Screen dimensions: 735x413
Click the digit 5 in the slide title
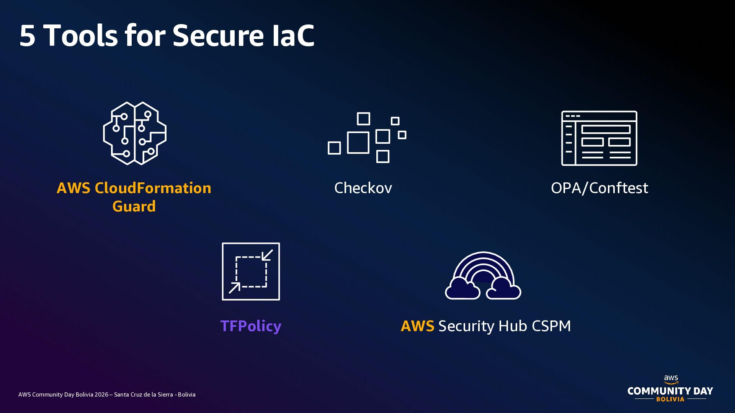[28, 36]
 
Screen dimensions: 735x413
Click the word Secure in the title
[218, 36]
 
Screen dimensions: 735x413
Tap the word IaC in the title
[294, 36]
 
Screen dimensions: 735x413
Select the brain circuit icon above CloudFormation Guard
[135, 133]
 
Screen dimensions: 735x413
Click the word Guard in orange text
[134, 206]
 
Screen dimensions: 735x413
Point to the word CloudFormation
[153, 188]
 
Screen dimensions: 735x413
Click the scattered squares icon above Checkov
[367, 137]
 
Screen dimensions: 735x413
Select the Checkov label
[363, 188]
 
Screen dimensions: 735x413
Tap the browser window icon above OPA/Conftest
[599, 138]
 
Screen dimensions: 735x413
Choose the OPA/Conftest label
[599, 188]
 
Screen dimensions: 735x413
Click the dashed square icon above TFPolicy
[251, 272]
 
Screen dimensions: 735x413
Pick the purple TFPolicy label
[251, 326]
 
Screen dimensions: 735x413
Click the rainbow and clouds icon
[483, 275]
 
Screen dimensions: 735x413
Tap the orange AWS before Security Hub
[417, 326]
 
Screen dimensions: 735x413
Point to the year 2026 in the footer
[101, 395]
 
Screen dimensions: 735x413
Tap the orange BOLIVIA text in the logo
[670, 399]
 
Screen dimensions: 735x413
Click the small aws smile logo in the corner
[671, 379]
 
